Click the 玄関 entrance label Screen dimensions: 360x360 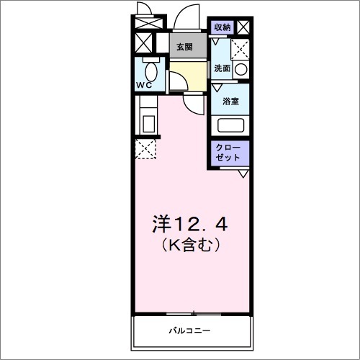tap(184, 47)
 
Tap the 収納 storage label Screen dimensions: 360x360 tap(222, 27)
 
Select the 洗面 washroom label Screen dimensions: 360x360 tap(222, 68)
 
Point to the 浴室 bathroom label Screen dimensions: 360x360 tap(230, 102)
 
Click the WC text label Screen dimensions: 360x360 tap(144, 85)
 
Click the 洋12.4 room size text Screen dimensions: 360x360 tap(190, 223)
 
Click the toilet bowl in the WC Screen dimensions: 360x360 tap(152, 72)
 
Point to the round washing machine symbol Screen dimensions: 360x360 tap(241, 70)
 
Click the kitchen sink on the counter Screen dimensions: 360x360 tap(148, 122)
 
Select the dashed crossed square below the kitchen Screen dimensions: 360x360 tap(146, 150)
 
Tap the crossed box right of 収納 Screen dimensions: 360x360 tap(243, 27)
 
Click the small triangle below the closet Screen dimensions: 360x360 tap(243, 173)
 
